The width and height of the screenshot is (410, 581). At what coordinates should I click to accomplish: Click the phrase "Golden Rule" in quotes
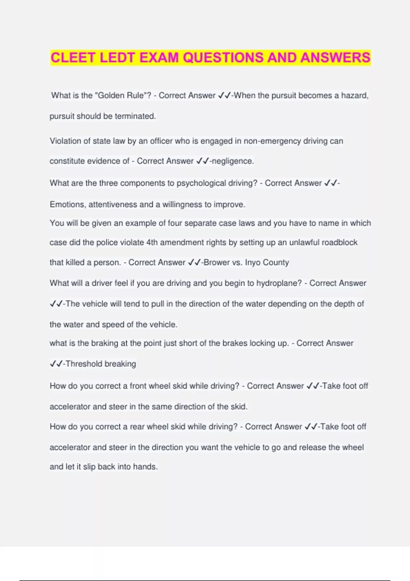pyautogui.click(x=121, y=95)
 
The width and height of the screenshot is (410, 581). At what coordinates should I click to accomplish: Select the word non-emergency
pyautogui.click(x=272, y=141)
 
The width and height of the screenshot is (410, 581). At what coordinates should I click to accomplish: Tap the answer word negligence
pyautogui.click(x=232, y=161)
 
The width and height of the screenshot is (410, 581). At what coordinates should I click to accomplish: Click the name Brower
pyautogui.click(x=217, y=262)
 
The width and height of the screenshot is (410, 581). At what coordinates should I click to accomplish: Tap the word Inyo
pyautogui.click(x=252, y=262)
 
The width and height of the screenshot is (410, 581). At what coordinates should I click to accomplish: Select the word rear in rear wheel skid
pyautogui.click(x=137, y=427)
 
